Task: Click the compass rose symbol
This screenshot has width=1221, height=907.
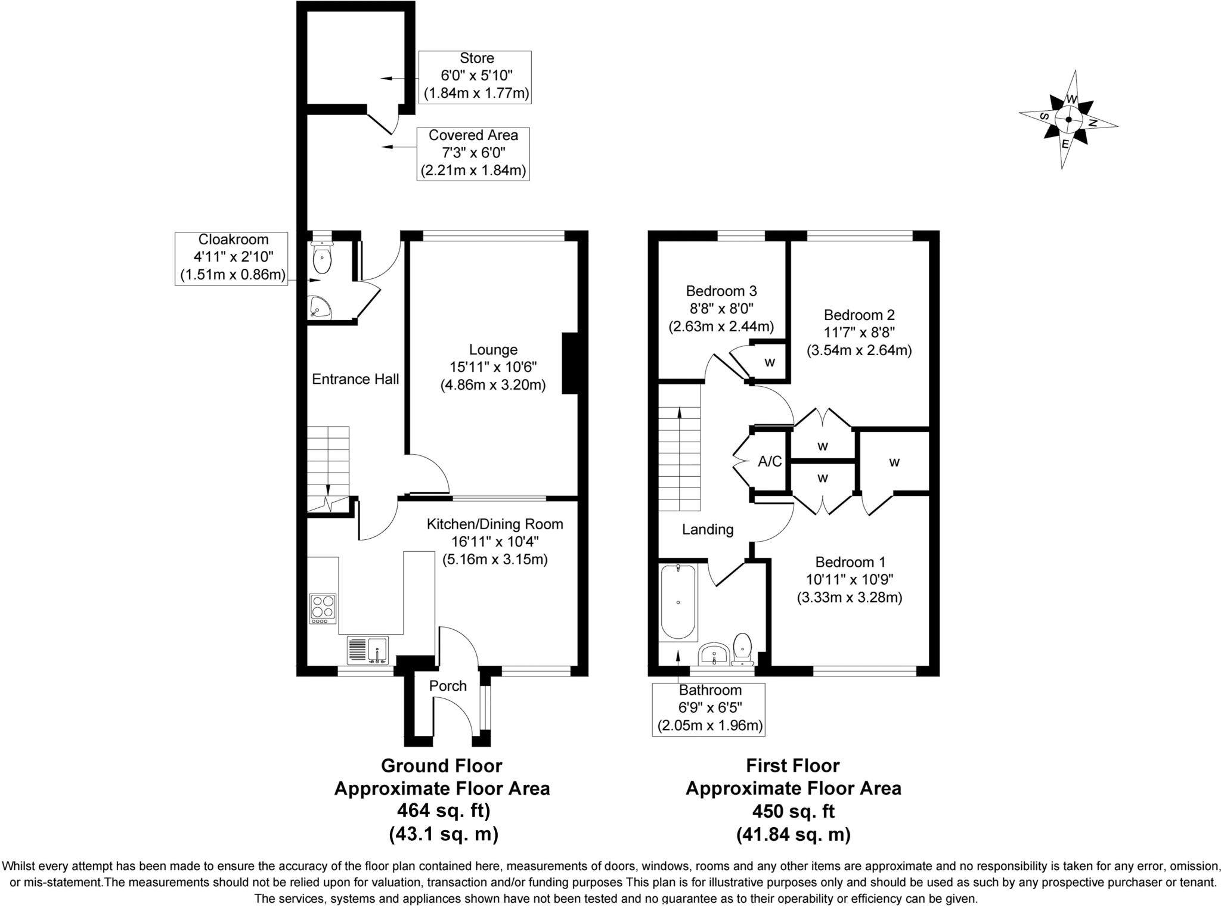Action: tap(1068, 119)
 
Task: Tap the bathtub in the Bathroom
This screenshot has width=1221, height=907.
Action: tap(678, 602)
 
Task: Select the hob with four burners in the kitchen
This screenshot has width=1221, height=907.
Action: tap(323, 608)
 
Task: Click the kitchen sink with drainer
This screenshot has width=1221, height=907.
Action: tap(368, 651)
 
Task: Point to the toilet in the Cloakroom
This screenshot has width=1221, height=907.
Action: tap(322, 257)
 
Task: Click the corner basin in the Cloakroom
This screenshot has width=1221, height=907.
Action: tap(319, 309)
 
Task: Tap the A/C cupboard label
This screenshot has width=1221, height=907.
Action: tap(770, 461)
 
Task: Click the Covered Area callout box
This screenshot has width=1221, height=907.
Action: tap(473, 154)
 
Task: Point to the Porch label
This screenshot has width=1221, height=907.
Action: tap(448, 686)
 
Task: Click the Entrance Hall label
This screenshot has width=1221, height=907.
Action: tap(355, 380)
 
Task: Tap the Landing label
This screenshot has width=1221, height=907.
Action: tap(708, 529)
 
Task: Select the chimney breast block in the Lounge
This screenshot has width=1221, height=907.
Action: tap(571, 364)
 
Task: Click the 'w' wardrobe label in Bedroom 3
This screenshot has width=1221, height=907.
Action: tap(770, 362)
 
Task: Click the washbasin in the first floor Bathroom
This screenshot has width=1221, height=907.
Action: tap(713, 654)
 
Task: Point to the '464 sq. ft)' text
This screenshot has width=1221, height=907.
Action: tap(442, 811)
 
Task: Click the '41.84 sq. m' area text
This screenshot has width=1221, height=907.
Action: tap(793, 834)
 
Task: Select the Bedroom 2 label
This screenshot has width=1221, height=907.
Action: tap(859, 315)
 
